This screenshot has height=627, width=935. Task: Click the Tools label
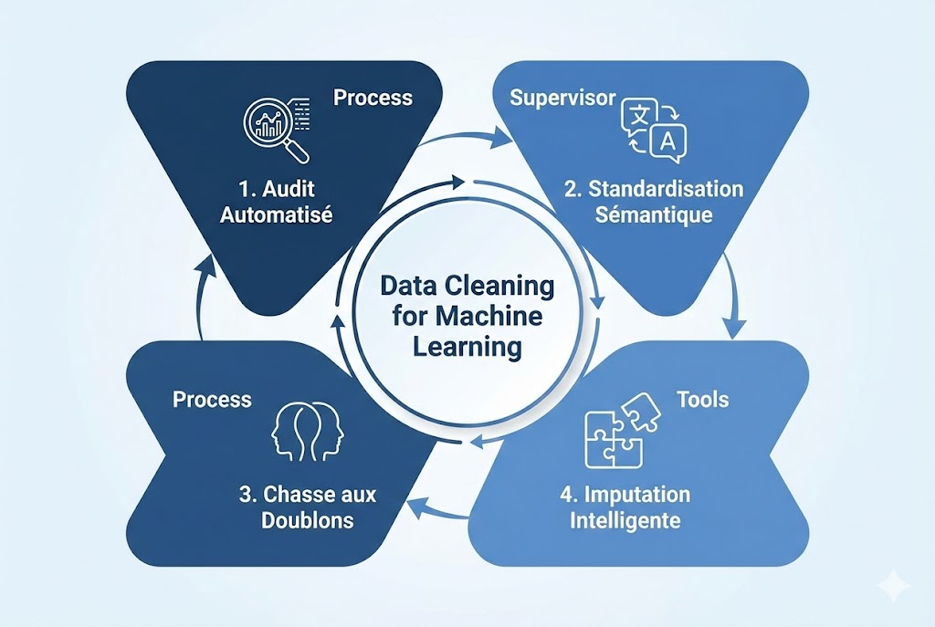[x=702, y=399]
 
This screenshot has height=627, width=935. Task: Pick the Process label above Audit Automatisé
[x=373, y=97]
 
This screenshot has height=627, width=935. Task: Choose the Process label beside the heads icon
[x=212, y=399]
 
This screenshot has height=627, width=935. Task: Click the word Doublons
[x=307, y=520]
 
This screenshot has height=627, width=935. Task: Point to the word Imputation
[x=638, y=496]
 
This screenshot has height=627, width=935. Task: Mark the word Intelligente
[x=625, y=521]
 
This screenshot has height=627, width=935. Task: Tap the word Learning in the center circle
[x=467, y=347]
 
